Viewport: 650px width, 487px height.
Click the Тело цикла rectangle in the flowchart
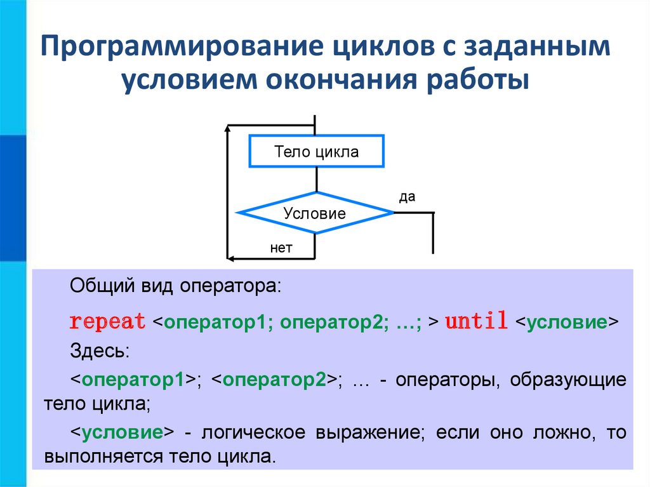[316, 152]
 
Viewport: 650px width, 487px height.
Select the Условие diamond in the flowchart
[315, 213]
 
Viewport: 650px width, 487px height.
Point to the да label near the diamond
[407, 197]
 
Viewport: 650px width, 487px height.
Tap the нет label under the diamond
[281, 248]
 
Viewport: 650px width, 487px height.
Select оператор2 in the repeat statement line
[330, 322]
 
